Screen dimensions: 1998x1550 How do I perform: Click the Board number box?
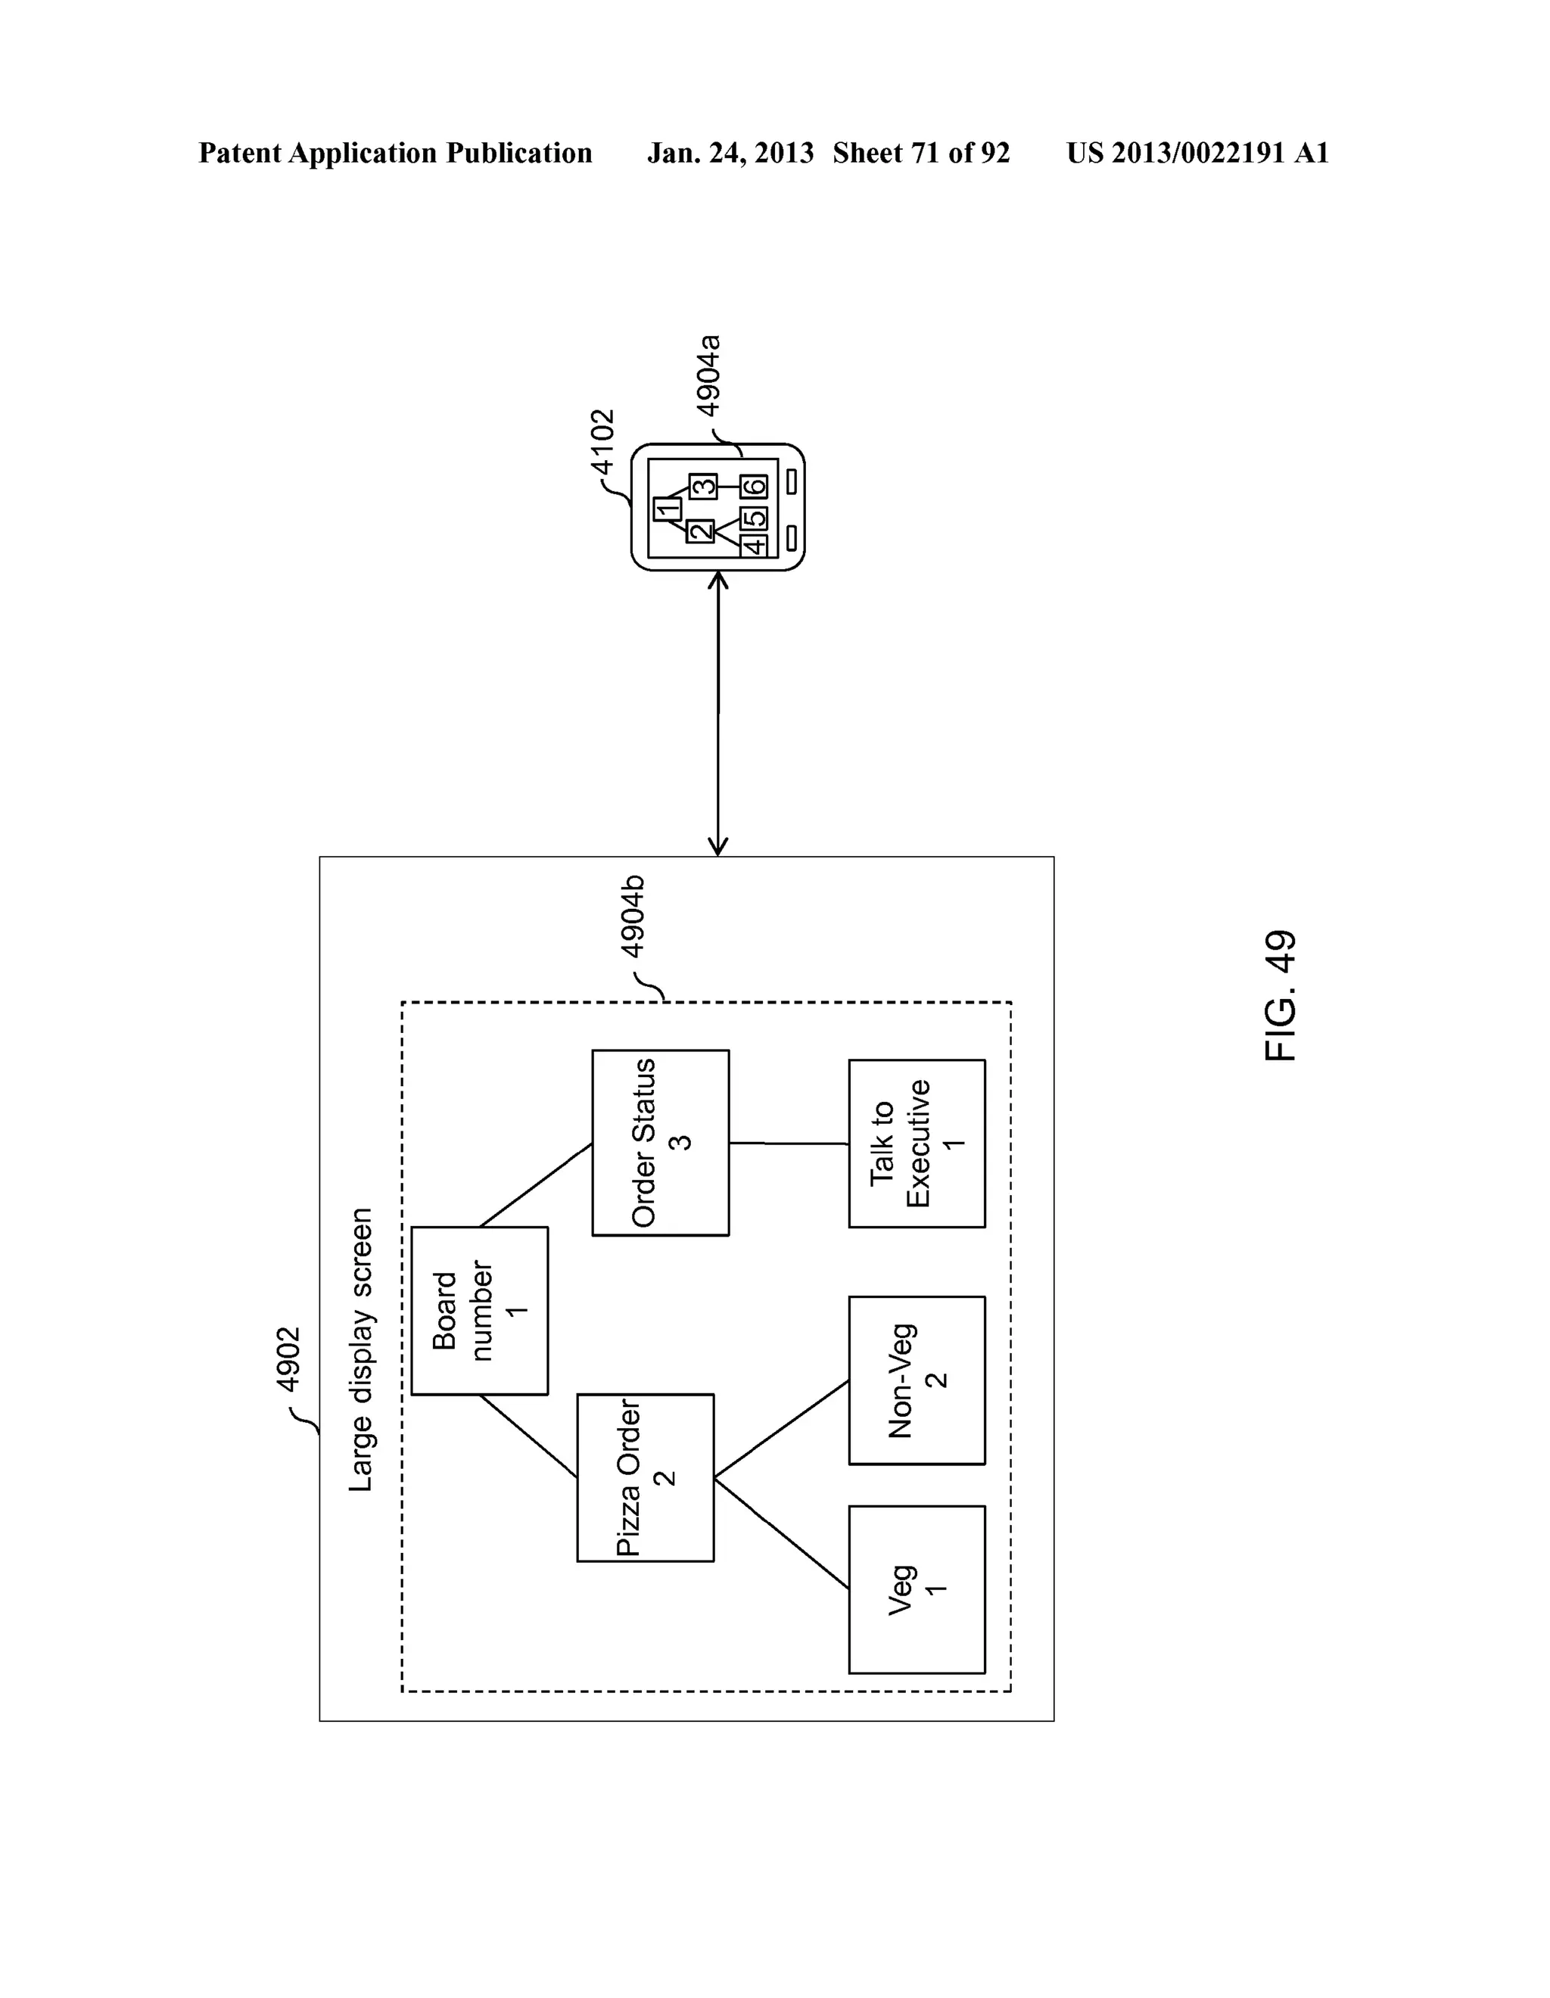pyautogui.click(x=480, y=1310)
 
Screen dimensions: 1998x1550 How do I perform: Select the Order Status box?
pyautogui.click(x=660, y=1143)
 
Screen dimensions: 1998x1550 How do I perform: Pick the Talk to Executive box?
pyautogui.click(x=916, y=1144)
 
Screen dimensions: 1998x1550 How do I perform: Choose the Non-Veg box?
pyautogui.click(x=916, y=1380)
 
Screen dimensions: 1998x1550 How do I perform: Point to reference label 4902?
pyautogui.click(x=289, y=1359)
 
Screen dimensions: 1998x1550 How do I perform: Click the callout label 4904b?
pyautogui.click(x=633, y=917)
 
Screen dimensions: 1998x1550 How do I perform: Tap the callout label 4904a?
pyautogui.click(x=708, y=376)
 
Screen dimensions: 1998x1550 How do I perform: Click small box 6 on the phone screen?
pyautogui.click(x=754, y=486)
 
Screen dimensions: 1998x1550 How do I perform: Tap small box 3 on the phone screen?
pyautogui.click(x=702, y=486)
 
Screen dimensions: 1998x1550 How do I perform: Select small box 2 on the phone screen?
pyautogui.click(x=700, y=531)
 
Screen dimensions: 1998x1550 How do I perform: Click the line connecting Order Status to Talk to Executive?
pyautogui.click(x=789, y=1144)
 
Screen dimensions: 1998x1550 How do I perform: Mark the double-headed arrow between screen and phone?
pyautogui.click(x=718, y=714)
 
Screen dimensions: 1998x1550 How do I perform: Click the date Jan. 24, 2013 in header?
pyautogui.click(x=730, y=153)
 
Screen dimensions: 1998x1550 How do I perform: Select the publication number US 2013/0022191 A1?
pyautogui.click(x=1197, y=153)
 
